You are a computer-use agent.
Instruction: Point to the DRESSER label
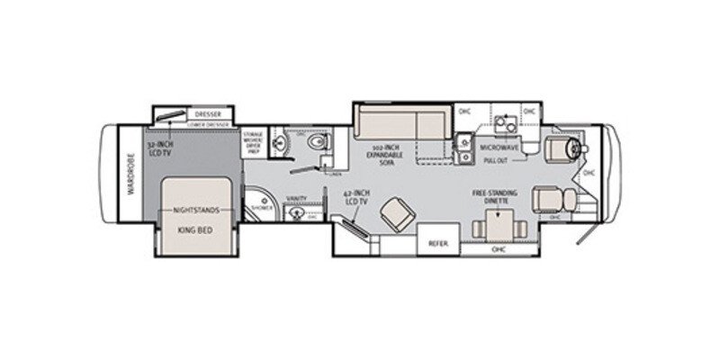tap(209, 114)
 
